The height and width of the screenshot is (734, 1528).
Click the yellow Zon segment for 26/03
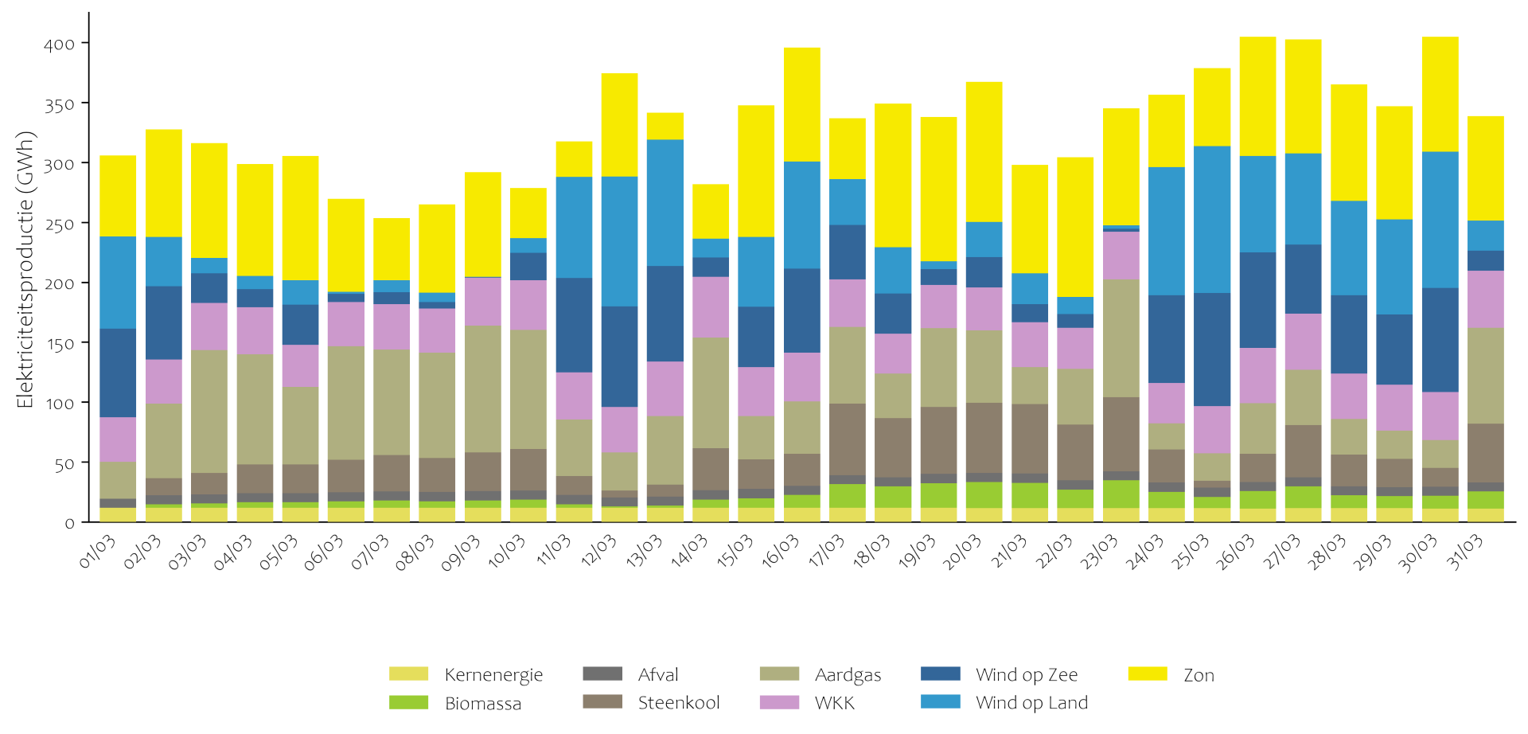click(1257, 96)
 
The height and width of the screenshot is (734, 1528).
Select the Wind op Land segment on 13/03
click(665, 203)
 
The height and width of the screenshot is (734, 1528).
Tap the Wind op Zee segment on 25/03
click(1212, 349)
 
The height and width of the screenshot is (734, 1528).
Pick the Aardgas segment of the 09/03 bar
click(483, 389)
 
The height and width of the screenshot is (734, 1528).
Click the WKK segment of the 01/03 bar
click(118, 439)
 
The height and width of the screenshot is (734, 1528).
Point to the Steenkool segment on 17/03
click(848, 439)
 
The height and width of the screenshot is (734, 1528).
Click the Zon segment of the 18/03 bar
click(893, 175)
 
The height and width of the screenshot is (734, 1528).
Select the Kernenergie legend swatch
click(408, 674)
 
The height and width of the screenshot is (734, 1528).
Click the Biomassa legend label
click(483, 704)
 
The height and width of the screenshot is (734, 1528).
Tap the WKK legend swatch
click(779, 703)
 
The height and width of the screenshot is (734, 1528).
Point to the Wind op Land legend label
click(1031, 703)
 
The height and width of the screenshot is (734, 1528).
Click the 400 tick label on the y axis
click(60, 45)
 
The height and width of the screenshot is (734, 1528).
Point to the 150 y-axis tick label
click(60, 344)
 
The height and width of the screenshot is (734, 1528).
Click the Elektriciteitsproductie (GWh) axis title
click(25, 269)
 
